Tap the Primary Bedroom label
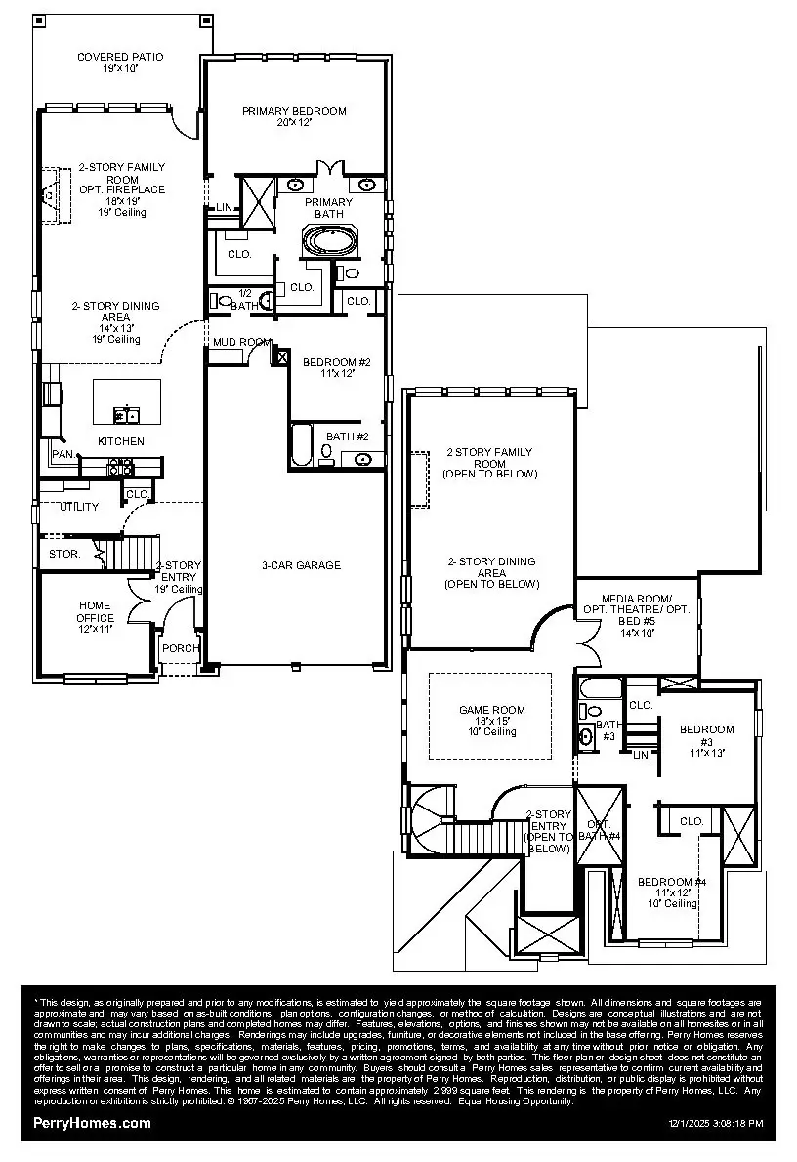pyautogui.click(x=294, y=117)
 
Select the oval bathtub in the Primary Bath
pyautogui.click(x=331, y=240)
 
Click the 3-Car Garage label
pyautogui.click(x=301, y=565)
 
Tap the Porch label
pyautogui.click(x=181, y=648)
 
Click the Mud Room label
pyautogui.click(x=241, y=342)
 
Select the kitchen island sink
pyautogui.click(x=126, y=416)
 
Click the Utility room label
pyautogui.click(x=79, y=507)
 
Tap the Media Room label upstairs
pyautogui.click(x=636, y=609)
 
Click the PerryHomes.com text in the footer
pyautogui.click(x=93, y=1123)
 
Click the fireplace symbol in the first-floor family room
pyautogui.click(x=50, y=195)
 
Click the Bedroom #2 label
pyautogui.click(x=336, y=366)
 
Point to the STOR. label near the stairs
pyautogui.click(x=64, y=554)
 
